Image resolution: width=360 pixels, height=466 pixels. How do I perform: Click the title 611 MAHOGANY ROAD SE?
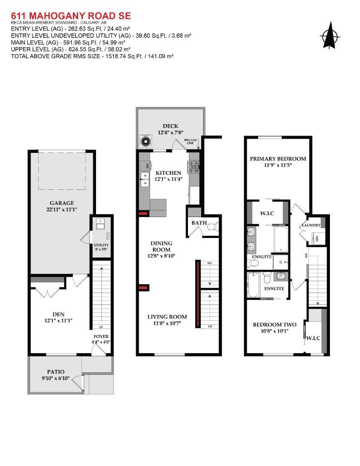click(x=71, y=16)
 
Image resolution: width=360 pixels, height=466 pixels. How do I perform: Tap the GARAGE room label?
click(x=61, y=203)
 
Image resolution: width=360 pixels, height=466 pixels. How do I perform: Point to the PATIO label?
click(x=56, y=372)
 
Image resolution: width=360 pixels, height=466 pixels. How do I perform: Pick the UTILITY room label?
click(x=101, y=245)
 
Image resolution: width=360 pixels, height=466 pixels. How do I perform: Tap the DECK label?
click(x=170, y=126)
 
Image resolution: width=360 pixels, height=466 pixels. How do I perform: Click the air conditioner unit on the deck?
click(x=146, y=142)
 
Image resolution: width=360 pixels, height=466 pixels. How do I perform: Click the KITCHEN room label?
click(x=168, y=173)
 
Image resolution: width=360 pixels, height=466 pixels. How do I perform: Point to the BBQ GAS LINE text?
click(x=190, y=142)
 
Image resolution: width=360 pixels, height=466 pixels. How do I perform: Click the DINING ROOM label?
click(x=162, y=246)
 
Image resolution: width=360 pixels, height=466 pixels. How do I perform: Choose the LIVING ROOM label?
click(x=167, y=317)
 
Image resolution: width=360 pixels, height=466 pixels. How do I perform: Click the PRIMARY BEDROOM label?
click(x=278, y=159)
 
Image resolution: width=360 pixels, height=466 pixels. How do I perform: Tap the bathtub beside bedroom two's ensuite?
click(x=253, y=285)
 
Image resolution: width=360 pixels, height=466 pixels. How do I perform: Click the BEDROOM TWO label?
click(x=274, y=324)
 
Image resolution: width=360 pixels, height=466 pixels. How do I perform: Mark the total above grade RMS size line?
click(x=92, y=56)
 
